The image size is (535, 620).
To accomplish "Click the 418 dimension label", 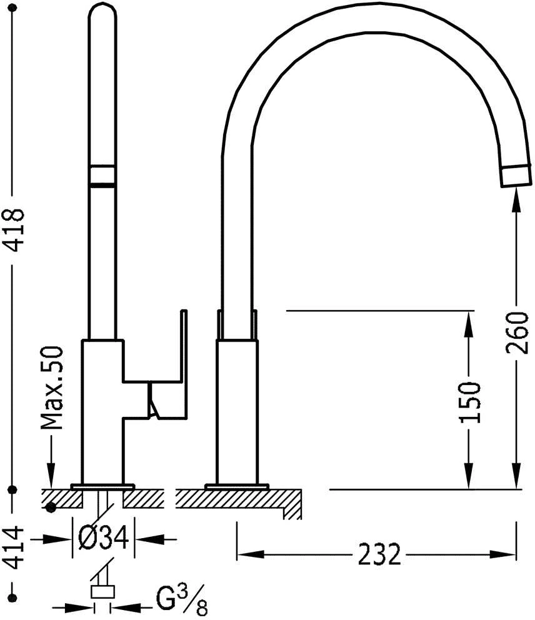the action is coord(14,230).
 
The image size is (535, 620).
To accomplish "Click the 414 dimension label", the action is coord(14,547).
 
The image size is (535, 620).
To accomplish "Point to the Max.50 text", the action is coord(52,388).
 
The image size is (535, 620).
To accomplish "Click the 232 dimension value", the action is coord(379,555).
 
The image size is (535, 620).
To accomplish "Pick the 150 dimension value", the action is coord(470,402).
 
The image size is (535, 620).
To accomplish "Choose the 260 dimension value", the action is coord(516,333).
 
